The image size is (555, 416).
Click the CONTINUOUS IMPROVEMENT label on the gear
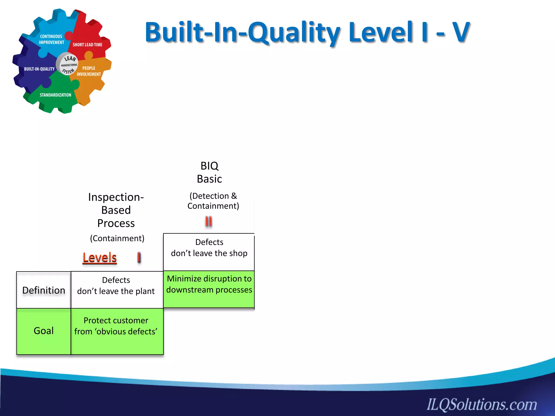pyautogui.click(x=51, y=39)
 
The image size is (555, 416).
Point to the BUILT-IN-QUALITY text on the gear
pyautogui.click(x=39, y=69)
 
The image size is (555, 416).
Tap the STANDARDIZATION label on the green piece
pyautogui.click(x=55, y=95)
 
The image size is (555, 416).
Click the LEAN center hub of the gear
pyautogui.click(x=67, y=65)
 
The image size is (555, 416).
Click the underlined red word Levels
pyautogui.click(x=99, y=258)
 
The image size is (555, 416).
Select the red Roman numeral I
pyautogui.click(x=139, y=257)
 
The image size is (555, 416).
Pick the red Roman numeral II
pyautogui.click(x=208, y=222)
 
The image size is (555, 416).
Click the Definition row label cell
pyautogui.click(x=44, y=290)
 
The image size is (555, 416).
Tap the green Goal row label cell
pyautogui.click(x=44, y=331)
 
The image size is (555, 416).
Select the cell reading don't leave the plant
pyautogui.click(x=116, y=286)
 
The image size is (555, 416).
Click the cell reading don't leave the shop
pyautogui.click(x=209, y=248)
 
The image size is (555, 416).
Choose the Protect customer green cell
pyautogui.click(x=116, y=326)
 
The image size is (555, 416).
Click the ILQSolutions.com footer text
pyautogui.click(x=482, y=404)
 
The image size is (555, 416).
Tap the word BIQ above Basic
pyautogui.click(x=209, y=166)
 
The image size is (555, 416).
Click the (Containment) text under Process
pyautogui.click(x=117, y=238)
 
